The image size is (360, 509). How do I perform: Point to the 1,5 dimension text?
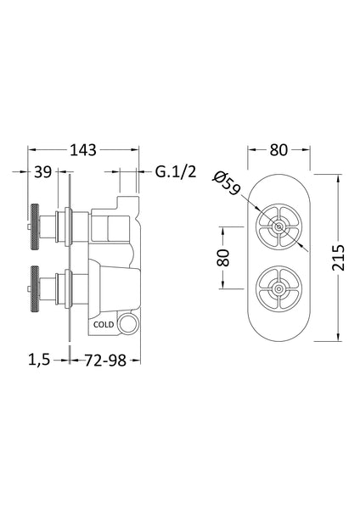pyautogui.click(x=39, y=360)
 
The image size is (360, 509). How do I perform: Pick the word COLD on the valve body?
pyautogui.click(x=104, y=323)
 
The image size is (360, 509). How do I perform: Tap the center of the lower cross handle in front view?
pyautogui.click(x=279, y=288)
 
